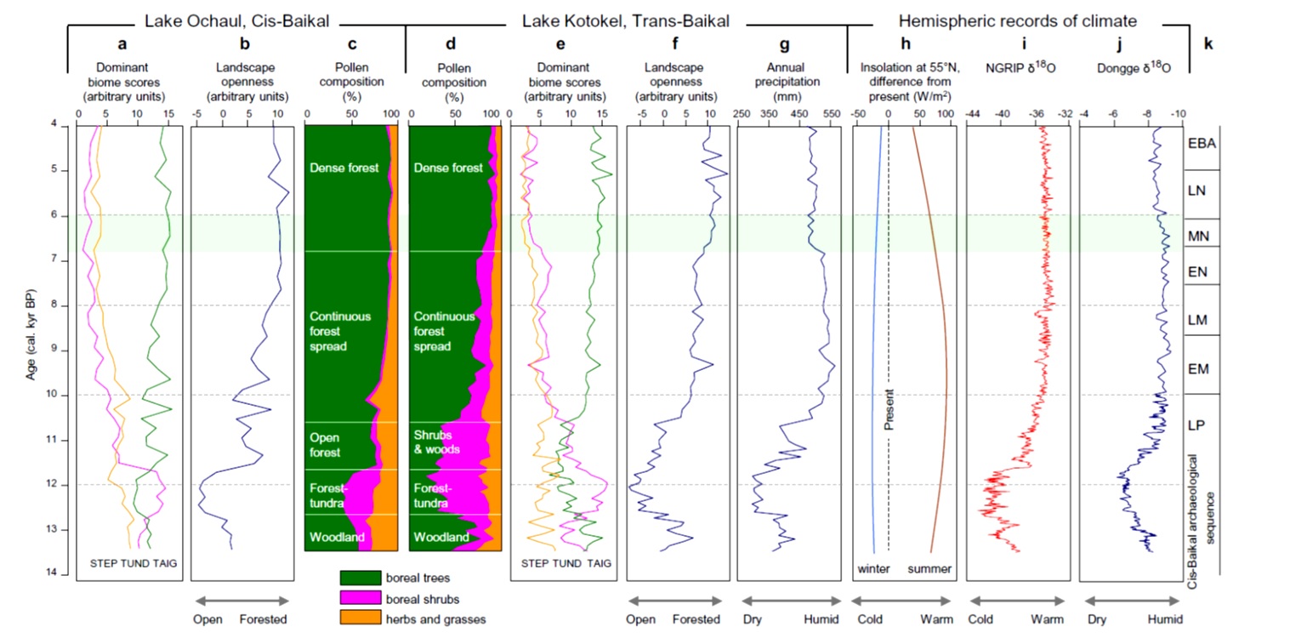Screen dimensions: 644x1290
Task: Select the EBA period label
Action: coord(1203,144)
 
